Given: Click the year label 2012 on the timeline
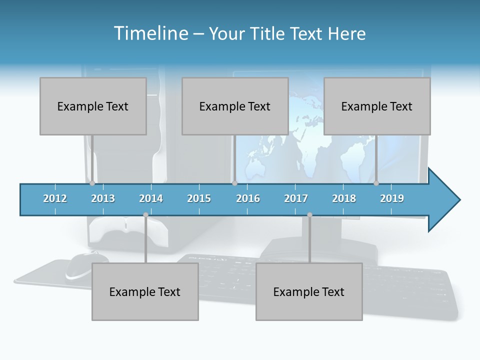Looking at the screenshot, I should [x=55, y=198].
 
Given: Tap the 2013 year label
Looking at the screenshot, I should [x=103, y=198].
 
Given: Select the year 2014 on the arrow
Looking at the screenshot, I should [x=151, y=198].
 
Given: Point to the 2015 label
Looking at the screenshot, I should [x=199, y=198].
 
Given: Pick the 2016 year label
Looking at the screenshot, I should [x=248, y=198].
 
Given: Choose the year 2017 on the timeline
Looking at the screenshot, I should [x=296, y=198].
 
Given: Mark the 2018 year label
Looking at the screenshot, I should [x=344, y=198].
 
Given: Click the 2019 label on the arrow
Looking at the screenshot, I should [x=392, y=198].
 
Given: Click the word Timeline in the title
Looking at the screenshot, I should [x=149, y=33].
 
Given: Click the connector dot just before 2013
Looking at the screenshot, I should [x=92, y=183].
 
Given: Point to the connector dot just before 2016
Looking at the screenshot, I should [x=234, y=183].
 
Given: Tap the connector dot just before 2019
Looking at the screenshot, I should [x=376, y=183].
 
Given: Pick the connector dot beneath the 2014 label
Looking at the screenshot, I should [x=145, y=215].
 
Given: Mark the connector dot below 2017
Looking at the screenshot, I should [x=309, y=215].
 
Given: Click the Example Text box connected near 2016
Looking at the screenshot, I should [x=235, y=106].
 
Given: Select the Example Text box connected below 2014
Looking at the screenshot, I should [x=145, y=291].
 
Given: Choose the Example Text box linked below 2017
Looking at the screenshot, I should [x=309, y=291].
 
